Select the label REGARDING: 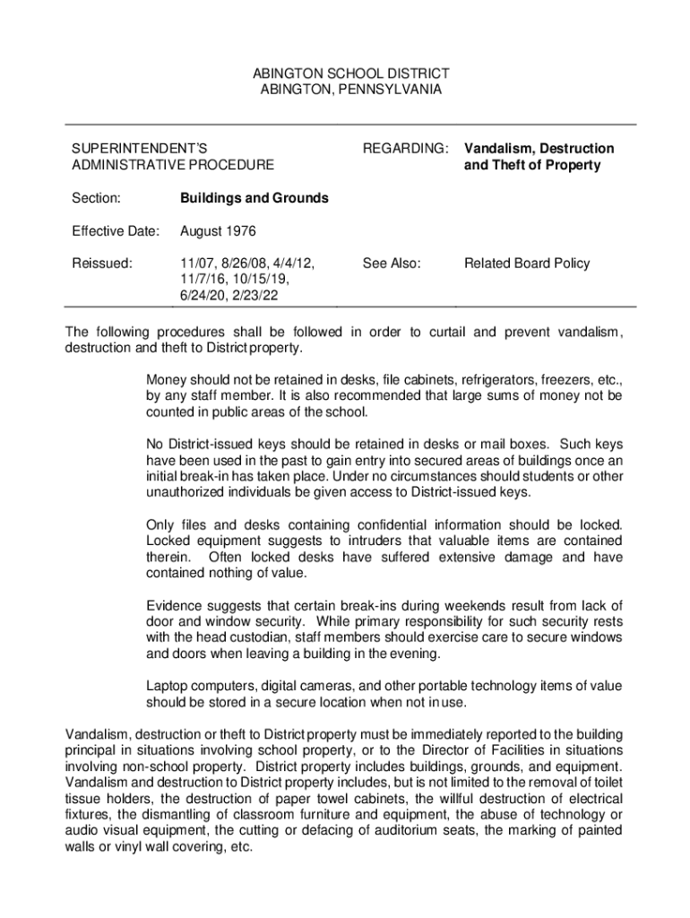(x=404, y=148)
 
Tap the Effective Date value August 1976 (x=218, y=231)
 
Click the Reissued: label (x=102, y=264)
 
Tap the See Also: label (x=392, y=264)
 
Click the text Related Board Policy (x=527, y=264)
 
